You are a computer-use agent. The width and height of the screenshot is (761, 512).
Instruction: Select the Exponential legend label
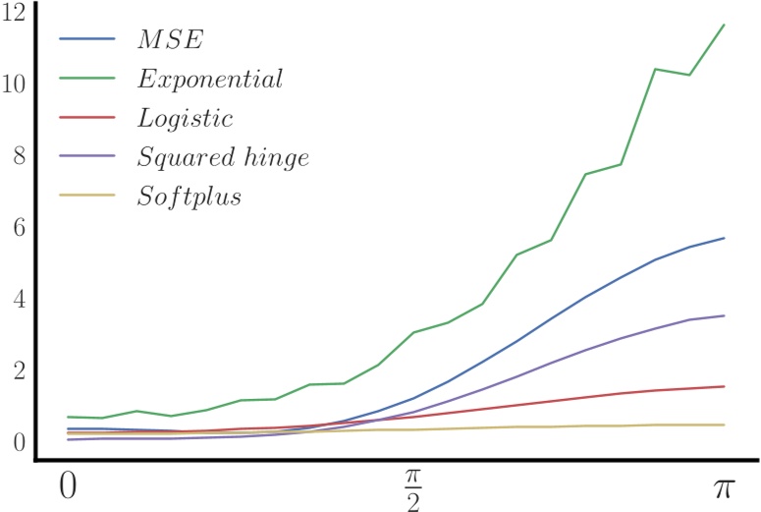click(209, 80)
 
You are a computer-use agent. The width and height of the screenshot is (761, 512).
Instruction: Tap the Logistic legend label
click(185, 119)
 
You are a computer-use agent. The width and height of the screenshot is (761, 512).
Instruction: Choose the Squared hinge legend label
click(223, 157)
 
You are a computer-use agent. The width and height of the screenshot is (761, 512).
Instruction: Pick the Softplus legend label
click(190, 197)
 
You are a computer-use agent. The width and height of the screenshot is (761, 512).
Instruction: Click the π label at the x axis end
click(725, 489)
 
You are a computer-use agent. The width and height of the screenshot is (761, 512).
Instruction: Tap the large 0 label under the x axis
click(66, 487)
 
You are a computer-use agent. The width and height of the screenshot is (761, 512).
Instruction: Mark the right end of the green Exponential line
click(724, 25)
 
